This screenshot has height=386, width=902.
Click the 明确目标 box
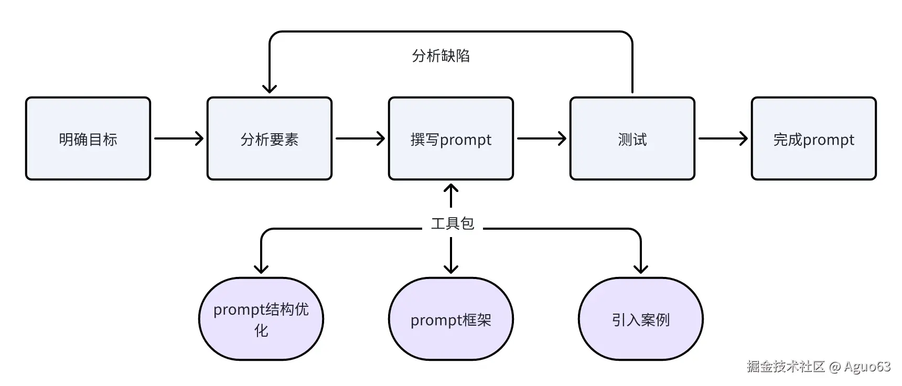[x=88, y=138]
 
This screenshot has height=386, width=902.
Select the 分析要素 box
[x=270, y=138]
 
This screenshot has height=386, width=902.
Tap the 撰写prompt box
[x=451, y=138]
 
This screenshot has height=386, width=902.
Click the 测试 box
[x=632, y=138]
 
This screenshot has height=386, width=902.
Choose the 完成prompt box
[x=814, y=138]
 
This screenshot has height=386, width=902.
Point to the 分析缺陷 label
[x=441, y=56]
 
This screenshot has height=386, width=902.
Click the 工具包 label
[x=452, y=224]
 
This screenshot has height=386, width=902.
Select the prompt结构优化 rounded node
[x=261, y=319]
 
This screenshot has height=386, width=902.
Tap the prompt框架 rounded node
[x=451, y=319]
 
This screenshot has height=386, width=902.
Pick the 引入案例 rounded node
[x=641, y=319]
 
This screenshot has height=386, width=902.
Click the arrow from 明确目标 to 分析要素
[x=178, y=138]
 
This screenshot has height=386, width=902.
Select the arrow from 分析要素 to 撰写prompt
[x=360, y=138]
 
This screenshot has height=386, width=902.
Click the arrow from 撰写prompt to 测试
[x=541, y=138]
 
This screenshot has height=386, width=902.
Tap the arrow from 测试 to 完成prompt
[x=723, y=138]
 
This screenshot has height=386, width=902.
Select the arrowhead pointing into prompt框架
[x=451, y=269]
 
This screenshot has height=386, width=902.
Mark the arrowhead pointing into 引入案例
[x=641, y=269]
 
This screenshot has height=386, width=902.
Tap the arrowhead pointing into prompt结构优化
[x=261, y=269]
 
